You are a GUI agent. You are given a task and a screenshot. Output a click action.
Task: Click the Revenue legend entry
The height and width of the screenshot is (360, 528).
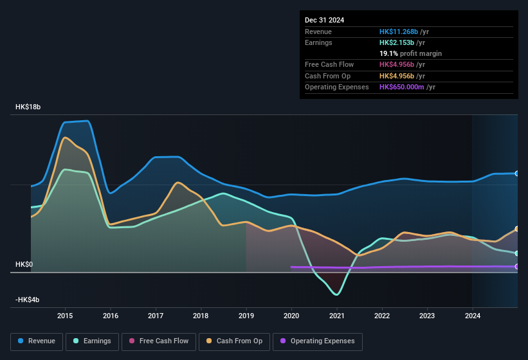point(36,341)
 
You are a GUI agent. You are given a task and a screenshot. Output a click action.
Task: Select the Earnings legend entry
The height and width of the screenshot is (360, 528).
point(92,341)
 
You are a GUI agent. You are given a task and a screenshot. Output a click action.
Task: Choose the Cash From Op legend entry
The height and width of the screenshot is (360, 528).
point(233,341)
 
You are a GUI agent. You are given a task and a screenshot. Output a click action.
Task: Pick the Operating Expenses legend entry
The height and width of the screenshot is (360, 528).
point(318,341)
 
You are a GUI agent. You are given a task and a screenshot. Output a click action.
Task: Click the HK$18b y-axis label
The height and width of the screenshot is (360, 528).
point(28,107)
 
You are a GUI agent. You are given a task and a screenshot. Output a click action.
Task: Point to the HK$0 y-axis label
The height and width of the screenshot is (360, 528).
point(24,264)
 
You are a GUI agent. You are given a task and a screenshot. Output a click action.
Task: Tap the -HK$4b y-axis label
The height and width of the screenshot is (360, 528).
point(27,300)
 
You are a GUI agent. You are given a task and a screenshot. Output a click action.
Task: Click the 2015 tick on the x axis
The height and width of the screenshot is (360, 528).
point(65,316)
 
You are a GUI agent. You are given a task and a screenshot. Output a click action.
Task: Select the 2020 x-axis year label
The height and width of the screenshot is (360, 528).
point(291,316)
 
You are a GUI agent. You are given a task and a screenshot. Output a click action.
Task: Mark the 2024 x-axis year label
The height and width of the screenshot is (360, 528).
point(473,316)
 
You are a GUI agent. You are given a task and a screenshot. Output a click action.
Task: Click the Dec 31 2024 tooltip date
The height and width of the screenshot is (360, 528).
point(325,20)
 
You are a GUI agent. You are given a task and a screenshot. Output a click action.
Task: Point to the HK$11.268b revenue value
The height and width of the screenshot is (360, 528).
point(398,32)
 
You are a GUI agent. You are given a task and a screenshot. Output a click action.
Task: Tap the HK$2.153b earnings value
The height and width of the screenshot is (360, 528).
point(397,42)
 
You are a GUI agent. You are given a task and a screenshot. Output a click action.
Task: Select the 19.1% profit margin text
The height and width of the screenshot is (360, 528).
point(410,53)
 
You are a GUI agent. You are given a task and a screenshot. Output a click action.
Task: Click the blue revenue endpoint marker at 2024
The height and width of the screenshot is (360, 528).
point(516,174)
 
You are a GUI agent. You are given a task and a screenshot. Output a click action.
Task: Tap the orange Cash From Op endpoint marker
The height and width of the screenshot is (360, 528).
point(516,229)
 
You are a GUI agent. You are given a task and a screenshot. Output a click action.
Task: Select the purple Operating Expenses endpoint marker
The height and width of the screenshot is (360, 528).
point(516,266)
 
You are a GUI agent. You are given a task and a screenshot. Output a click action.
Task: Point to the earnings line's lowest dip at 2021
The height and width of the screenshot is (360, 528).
point(336,294)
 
